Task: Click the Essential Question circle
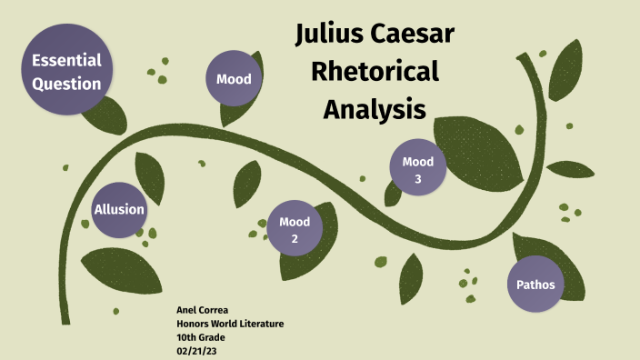[66, 71]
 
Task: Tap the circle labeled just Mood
[234, 79]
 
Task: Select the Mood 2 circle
[295, 229]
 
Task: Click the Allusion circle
[119, 210]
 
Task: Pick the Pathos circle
[535, 285]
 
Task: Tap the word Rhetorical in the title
[375, 72]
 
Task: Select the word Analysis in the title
[375, 109]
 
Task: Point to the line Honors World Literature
[230, 324]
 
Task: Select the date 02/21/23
[196, 349]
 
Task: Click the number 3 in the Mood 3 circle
[418, 179]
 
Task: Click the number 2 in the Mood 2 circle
[295, 238]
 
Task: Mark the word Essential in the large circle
[66, 61]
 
